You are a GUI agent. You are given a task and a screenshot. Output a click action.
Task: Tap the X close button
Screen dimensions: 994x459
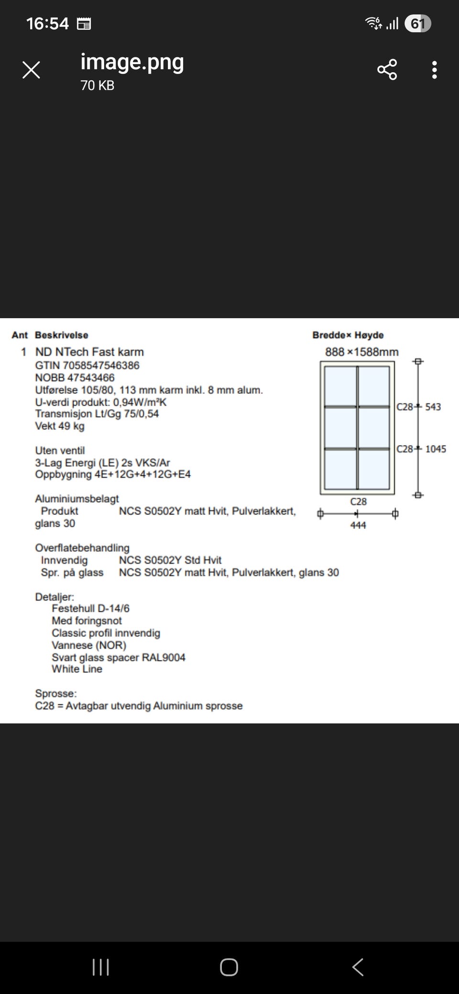(x=31, y=70)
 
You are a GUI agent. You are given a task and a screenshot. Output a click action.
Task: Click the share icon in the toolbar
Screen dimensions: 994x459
(x=387, y=70)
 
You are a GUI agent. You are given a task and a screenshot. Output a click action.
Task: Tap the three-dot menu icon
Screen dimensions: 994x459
(x=434, y=70)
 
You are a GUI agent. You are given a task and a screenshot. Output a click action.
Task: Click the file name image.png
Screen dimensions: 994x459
(x=132, y=62)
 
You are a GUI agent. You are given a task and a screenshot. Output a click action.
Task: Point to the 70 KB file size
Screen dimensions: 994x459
(x=98, y=86)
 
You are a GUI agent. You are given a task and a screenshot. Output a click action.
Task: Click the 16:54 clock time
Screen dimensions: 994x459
(x=47, y=23)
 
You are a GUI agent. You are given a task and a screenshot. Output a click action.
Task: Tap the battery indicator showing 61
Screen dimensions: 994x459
(x=417, y=23)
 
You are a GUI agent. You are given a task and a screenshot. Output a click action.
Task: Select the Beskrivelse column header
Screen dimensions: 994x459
(x=61, y=335)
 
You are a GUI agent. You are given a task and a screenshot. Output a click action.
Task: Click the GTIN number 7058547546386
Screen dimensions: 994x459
(x=101, y=366)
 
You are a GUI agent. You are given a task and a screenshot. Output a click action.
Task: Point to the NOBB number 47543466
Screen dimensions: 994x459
(x=91, y=378)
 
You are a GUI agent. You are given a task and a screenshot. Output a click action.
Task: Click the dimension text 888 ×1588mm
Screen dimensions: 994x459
(x=361, y=352)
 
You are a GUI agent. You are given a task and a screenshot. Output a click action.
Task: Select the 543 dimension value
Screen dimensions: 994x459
(x=433, y=407)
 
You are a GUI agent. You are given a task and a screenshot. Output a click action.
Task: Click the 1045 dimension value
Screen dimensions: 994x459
(x=436, y=449)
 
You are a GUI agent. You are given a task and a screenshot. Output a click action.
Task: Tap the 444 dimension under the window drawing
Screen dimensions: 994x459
(x=358, y=525)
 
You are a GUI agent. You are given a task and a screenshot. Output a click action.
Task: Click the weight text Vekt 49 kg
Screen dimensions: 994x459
(x=59, y=426)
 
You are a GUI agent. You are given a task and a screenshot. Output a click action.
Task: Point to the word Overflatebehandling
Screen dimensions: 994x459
(x=82, y=548)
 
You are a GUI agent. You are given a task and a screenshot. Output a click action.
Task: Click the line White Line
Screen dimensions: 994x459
(x=77, y=669)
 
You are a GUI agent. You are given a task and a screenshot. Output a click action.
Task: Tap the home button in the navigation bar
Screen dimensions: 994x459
(x=229, y=967)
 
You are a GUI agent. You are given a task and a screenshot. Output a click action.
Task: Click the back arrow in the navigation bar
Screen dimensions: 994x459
(x=358, y=967)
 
